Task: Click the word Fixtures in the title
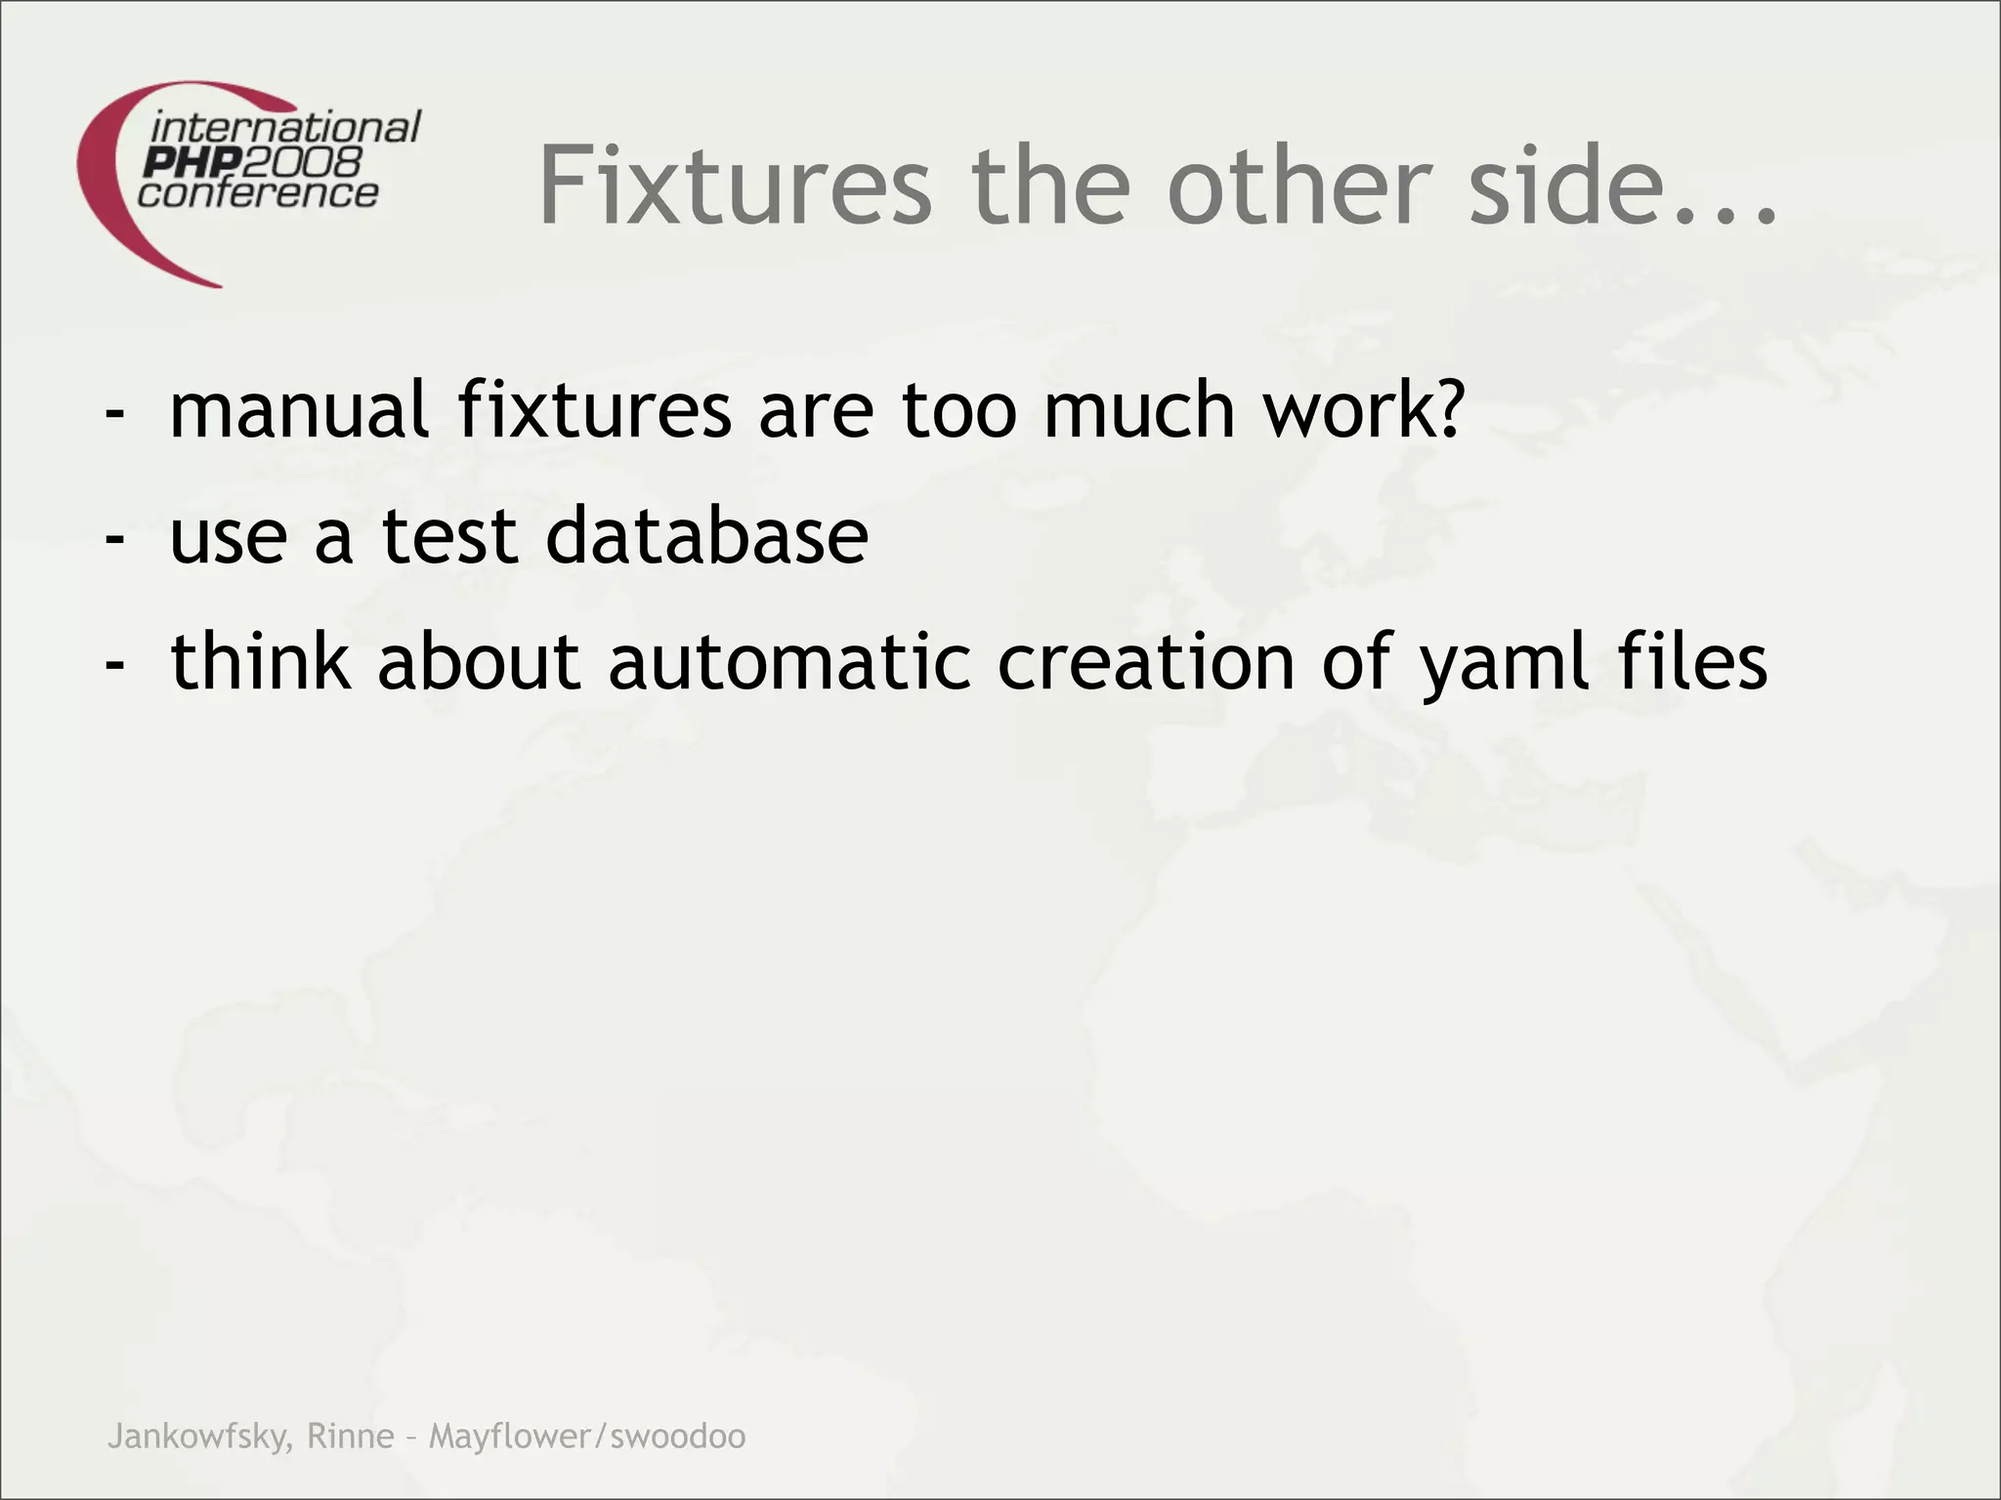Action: point(735,185)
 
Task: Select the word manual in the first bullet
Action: point(299,410)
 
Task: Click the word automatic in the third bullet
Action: point(789,662)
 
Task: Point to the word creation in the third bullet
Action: point(1147,662)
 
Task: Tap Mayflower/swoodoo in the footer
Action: point(587,1437)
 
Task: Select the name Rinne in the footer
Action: point(350,1437)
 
